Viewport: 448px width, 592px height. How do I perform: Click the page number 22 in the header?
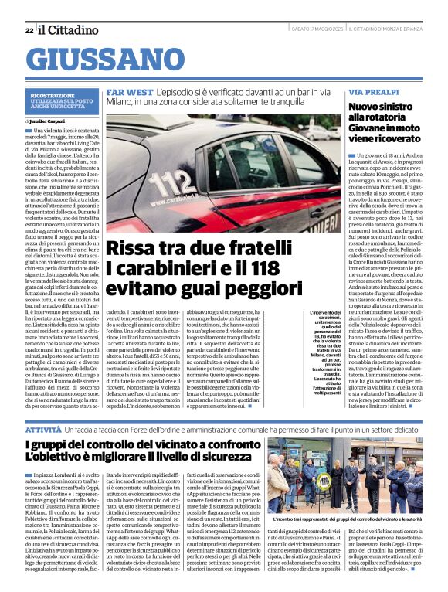29,30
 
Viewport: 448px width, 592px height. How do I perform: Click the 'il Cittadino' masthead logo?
66,29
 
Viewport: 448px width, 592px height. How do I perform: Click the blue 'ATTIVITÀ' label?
43,427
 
